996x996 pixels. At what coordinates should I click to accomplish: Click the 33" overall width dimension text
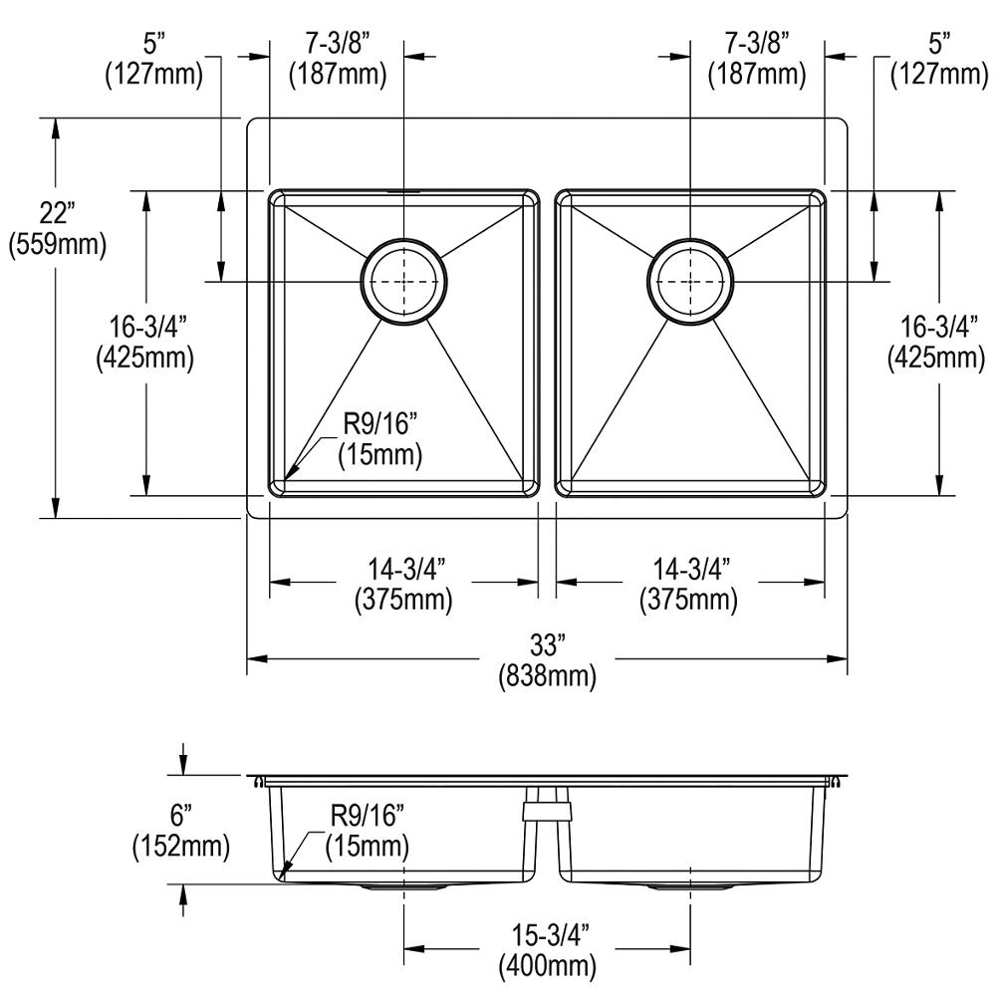(x=547, y=644)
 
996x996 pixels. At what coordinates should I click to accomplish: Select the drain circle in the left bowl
(x=403, y=282)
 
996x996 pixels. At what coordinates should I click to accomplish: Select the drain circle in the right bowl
(x=690, y=282)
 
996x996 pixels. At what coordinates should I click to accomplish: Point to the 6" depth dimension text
(x=181, y=814)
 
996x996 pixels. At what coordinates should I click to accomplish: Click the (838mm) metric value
(x=547, y=677)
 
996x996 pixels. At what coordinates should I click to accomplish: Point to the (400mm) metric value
(x=547, y=966)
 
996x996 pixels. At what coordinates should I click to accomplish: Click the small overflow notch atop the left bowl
(x=403, y=187)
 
